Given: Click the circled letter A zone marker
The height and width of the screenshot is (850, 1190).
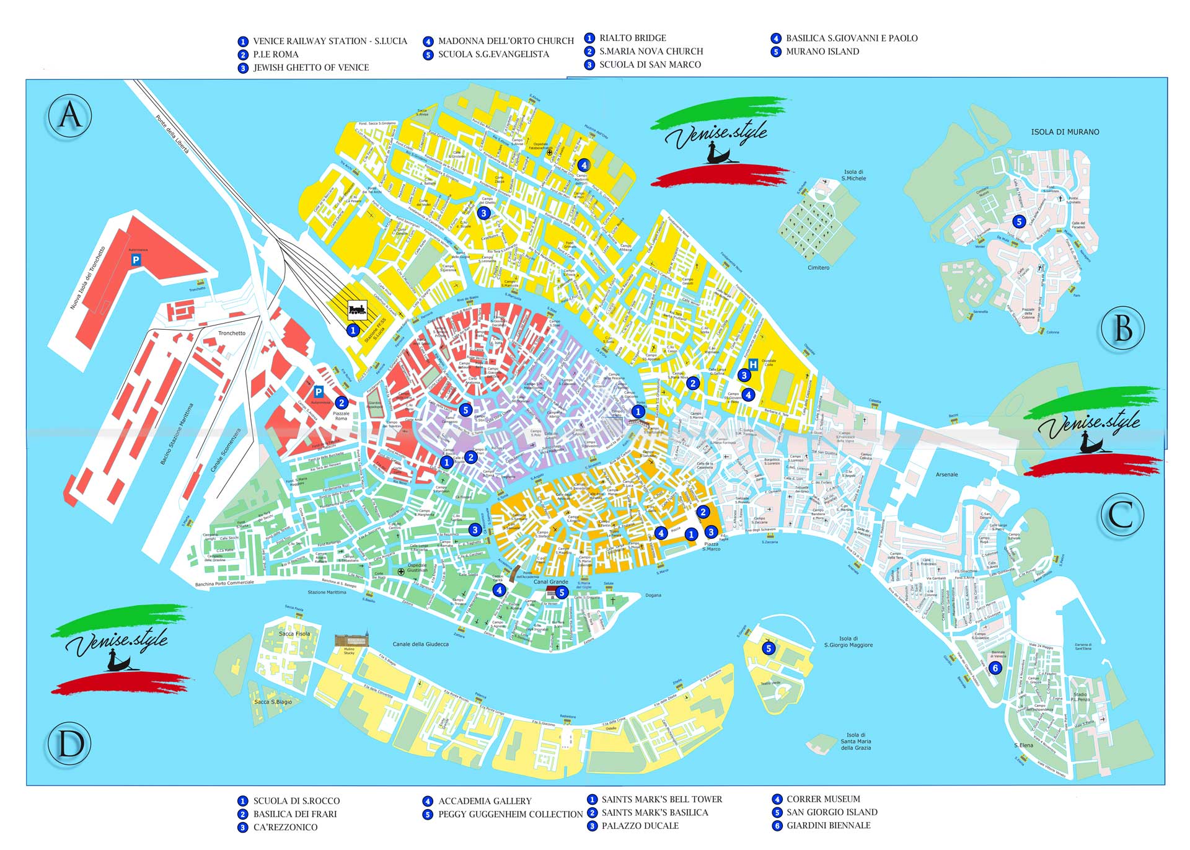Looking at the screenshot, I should (x=69, y=116).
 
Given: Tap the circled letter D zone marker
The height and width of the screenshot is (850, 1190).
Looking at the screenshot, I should (x=70, y=743).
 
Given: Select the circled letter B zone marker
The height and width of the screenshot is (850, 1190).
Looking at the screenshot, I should (x=1123, y=328).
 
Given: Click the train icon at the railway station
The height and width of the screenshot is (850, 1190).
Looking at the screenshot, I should (x=357, y=309).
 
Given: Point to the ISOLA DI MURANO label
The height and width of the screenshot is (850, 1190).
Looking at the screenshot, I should (x=1065, y=132).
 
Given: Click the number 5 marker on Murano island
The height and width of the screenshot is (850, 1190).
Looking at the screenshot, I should (x=1018, y=221).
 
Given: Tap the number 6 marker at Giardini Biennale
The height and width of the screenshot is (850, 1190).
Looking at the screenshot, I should (x=995, y=668).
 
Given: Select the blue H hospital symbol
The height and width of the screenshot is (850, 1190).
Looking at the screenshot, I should (x=753, y=365).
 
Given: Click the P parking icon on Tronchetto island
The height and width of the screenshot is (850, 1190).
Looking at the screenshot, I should (x=136, y=260).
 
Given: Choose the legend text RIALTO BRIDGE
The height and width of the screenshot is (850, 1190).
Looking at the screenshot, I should (x=632, y=38).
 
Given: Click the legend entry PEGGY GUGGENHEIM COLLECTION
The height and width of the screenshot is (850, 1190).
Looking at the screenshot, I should (x=510, y=814).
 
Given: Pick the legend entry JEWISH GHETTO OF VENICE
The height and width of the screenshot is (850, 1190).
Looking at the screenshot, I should (x=311, y=68).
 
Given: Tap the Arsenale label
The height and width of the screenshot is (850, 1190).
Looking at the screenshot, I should (x=946, y=474).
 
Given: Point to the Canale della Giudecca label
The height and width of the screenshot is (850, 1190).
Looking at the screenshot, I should (x=420, y=644).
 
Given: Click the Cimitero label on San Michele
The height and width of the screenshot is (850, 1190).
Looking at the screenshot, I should (x=818, y=268).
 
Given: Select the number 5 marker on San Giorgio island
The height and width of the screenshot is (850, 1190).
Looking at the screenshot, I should (x=769, y=649).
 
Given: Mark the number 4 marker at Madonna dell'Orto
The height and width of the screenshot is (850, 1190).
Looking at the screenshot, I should (x=583, y=166).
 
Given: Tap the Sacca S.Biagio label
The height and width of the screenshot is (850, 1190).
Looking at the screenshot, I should (x=273, y=702).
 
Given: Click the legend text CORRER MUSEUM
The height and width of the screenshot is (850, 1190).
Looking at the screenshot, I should (x=823, y=799).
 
